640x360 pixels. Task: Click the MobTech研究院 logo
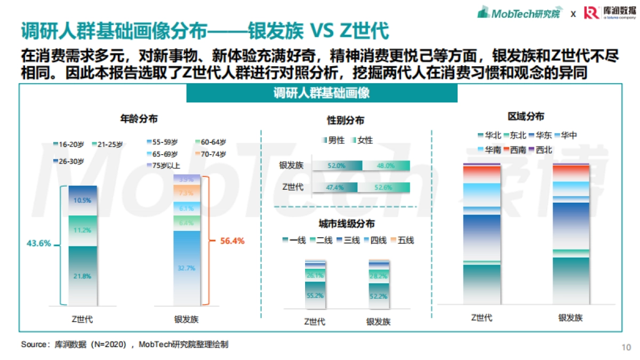[518, 13]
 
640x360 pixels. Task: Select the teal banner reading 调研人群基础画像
[322, 93]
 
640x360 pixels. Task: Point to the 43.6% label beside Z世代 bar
[39, 243]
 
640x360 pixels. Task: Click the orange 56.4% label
[232, 241]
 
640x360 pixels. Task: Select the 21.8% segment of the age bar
[82, 276]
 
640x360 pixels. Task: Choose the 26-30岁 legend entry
[69, 161]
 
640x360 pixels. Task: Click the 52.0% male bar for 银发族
[337, 166]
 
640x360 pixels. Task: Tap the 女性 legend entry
[362, 140]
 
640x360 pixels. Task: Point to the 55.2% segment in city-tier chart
[315, 295]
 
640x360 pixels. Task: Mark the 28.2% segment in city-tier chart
[379, 276]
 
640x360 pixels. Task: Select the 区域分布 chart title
[526, 117]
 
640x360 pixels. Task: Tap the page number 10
[626, 347]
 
